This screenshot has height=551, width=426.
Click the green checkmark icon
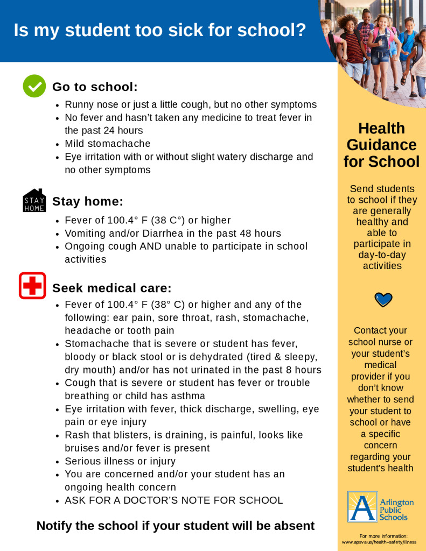[x=34, y=86]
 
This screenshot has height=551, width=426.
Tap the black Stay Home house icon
[x=34, y=201]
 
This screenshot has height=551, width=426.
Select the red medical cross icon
[x=32, y=286]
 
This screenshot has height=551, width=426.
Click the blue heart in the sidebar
[x=383, y=299]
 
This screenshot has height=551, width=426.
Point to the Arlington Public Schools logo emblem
[x=362, y=506]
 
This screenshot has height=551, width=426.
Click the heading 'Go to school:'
[x=95, y=87]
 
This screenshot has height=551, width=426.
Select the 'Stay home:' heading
[x=88, y=202]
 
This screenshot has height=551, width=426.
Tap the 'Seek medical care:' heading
[x=111, y=288]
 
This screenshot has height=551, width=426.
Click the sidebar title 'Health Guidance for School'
[x=382, y=145]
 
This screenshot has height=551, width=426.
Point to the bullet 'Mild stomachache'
[x=108, y=144]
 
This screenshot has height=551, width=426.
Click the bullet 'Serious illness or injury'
[x=120, y=461]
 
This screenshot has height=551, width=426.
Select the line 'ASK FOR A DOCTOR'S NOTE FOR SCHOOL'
[x=173, y=500]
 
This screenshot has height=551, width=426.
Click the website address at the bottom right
[x=382, y=542]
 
